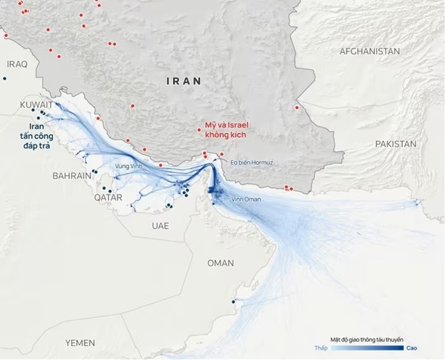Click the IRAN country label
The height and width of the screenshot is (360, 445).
(x=184, y=81)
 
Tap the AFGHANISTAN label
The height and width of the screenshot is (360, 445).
(x=369, y=51)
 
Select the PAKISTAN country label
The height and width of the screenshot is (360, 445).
(x=395, y=144)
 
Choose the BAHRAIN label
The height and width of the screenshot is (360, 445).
(x=72, y=177)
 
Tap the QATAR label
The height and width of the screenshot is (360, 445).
(x=108, y=197)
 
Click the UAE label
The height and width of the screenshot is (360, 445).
(x=161, y=227)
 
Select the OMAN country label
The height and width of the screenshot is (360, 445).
(x=220, y=263)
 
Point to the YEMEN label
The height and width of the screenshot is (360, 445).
(x=80, y=343)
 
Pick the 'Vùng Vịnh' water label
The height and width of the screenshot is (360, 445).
(x=129, y=166)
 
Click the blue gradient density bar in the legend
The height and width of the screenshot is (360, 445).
(x=366, y=347)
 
